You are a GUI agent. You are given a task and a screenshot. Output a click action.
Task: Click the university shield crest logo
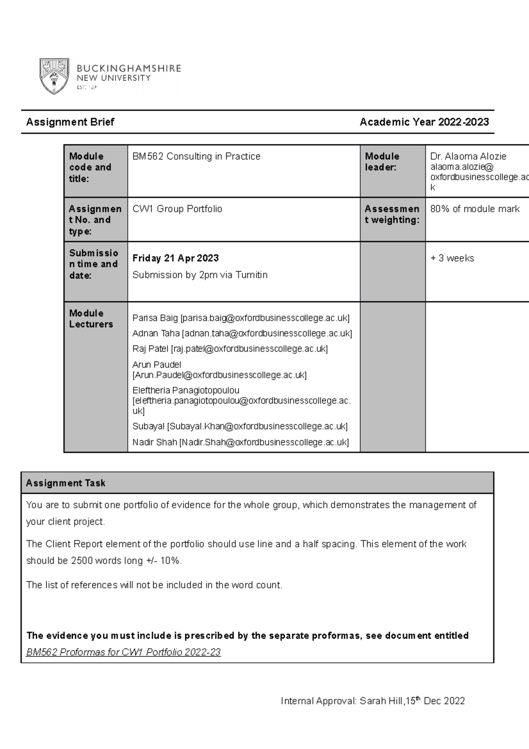[54, 76]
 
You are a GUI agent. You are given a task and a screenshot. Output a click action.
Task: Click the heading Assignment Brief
[70, 122]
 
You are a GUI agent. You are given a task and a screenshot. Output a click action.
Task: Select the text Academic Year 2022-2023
[424, 122]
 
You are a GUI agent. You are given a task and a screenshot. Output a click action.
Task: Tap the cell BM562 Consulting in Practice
[196, 157]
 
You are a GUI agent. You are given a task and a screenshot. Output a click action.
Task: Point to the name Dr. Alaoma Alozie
[468, 157]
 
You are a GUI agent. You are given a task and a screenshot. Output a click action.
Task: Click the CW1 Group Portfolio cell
[177, 209]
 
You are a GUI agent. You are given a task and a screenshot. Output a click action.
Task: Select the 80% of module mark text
[475, 209]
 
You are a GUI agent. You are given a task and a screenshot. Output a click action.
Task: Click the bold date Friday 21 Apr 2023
[175, 258]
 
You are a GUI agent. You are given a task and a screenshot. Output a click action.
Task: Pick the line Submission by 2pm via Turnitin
[200, 275]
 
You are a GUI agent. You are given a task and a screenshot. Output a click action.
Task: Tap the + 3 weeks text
[452, 258]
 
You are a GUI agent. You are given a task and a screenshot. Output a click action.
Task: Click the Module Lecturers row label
[91, 318]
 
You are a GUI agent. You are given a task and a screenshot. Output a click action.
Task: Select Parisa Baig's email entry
[241, 318]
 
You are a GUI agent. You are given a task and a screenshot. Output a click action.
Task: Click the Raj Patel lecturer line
[230, 349]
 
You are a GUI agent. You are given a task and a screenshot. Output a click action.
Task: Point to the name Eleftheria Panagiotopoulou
[186, 390]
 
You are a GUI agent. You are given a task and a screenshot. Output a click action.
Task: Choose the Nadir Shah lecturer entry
[240, 442]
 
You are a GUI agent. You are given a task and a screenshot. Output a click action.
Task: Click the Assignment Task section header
[66, 483]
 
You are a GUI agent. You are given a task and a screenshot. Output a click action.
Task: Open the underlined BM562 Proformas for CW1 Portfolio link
[123, 652]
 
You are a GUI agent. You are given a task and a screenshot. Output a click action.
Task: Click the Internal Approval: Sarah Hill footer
[373, 701]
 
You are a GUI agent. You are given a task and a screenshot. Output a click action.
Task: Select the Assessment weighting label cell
[392, 214]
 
